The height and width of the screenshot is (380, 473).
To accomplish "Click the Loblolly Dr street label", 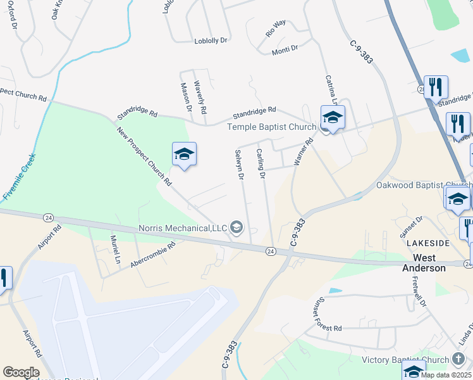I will click(211, 40).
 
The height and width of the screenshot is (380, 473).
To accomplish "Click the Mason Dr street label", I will click(186, 97).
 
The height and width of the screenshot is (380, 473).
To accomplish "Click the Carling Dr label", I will click(261, 163).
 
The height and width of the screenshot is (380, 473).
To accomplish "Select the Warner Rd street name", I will click(304, 153).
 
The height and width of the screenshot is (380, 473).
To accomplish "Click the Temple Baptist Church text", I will click(271, 127).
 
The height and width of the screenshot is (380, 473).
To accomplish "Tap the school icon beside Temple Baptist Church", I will click(333, 118).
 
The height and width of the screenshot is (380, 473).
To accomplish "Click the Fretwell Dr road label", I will click(420, 292).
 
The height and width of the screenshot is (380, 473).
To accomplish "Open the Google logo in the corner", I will click(21, 372).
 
